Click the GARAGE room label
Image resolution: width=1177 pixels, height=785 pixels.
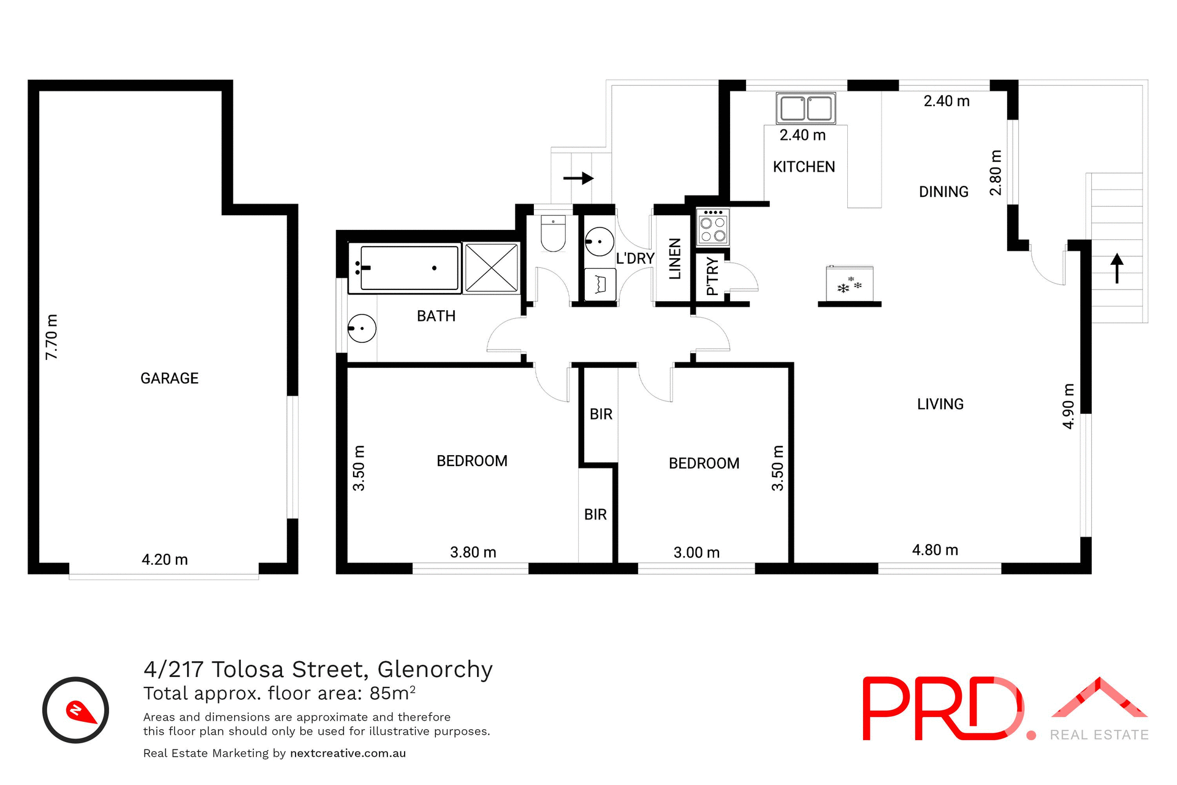coord(169,378)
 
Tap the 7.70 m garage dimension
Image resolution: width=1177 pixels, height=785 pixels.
coord(52,337)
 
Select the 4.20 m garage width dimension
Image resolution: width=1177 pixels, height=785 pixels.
coord(164,559)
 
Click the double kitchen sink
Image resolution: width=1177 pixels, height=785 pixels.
coord(806,109)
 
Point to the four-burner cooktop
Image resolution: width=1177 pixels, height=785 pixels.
coord(713,227)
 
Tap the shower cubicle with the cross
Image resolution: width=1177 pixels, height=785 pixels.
coord(492,268)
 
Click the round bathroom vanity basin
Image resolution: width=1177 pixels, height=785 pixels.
coord(362,328)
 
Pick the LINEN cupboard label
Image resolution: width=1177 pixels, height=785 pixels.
coord(674,259)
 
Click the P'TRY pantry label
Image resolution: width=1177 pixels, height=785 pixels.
coord(712,276)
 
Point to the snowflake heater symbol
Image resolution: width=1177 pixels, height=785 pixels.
coord(850,285)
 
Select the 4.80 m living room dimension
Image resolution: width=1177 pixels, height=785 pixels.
coord(935,550)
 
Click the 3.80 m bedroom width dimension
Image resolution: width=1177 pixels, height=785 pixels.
coord(473,553)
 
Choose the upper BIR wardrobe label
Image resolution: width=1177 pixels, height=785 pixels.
coord(601,415)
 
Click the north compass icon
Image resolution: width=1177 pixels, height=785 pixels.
coord(75,710)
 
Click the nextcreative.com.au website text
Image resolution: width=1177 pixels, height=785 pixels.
coord(348,753)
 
